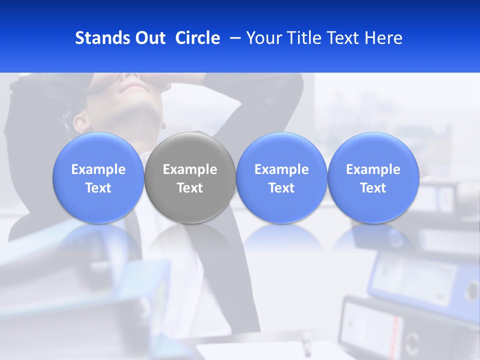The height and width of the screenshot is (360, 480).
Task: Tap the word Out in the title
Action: click(148, 38)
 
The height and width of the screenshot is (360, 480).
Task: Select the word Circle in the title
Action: click(197, 38)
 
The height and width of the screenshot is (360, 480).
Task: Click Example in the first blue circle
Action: click(98, 169)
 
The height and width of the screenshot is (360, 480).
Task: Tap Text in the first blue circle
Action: click(98, 188)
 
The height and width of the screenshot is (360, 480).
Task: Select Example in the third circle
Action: click(281, 169)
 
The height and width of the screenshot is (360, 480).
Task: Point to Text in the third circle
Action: click(281, 188)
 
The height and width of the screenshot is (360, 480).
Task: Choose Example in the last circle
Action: click(373, 169)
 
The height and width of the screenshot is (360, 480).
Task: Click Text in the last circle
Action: click(373, 188)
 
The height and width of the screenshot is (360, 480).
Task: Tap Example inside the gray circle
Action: click(190, 169)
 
